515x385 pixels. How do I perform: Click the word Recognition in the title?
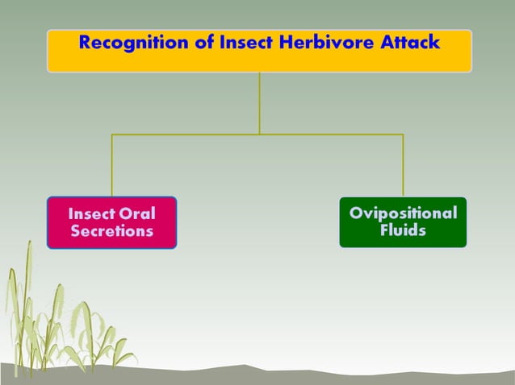134,43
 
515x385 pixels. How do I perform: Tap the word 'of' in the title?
205,43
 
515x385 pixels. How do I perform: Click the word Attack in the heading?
410,43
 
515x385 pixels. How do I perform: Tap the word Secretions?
111,231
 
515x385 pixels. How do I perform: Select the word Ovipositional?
403,213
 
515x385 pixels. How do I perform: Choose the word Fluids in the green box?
403,231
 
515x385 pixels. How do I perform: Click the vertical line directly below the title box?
259,103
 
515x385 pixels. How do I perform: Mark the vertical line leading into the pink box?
111,165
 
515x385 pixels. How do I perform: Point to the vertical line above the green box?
403,165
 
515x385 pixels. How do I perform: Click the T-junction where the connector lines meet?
259,134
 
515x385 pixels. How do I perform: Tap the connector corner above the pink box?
111,134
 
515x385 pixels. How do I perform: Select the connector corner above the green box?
403,134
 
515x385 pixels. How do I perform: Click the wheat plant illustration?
57,322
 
